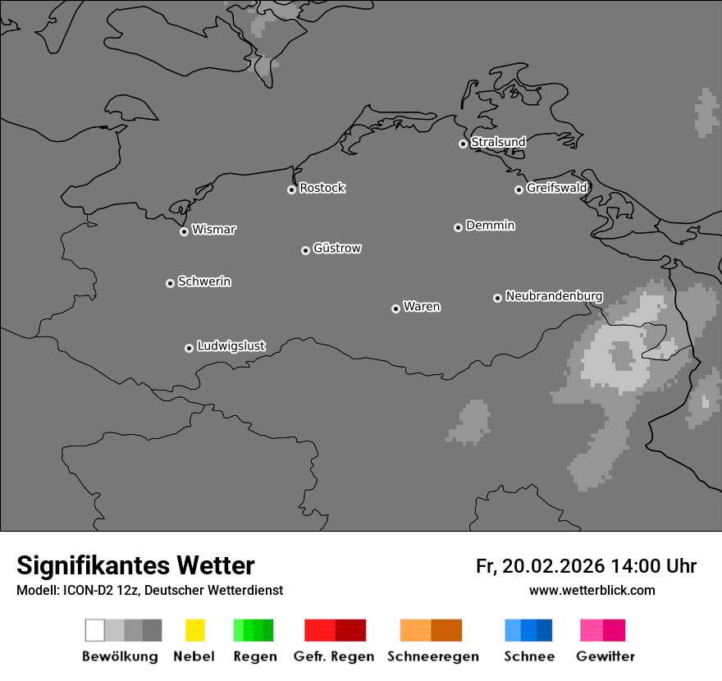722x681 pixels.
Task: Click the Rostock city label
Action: [x=322, y=188]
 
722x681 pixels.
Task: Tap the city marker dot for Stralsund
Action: [x=463, y=144]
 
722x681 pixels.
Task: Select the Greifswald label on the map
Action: [x=557, y=188]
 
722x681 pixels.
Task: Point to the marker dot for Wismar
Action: [x=184, y=231]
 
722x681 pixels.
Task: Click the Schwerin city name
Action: [x=204, y=281]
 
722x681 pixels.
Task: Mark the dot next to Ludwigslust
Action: [x=189, y=348]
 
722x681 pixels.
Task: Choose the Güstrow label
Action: [x=337, y=248]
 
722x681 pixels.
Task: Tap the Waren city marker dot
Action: [x=395, y=309]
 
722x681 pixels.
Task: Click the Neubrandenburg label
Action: [x=555, y=295]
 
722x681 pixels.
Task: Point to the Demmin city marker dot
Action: [x=458, y=227]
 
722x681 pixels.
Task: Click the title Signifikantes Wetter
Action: [x=135, y=565]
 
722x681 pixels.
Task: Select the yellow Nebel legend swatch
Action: [x=194, y=630]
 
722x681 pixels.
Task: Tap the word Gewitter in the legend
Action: [x=605, y=656]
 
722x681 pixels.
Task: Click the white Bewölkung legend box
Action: [x=94, y=630]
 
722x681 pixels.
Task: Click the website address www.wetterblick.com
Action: [x=592, y=590]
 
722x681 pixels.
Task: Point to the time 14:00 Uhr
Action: [x=653, y=566]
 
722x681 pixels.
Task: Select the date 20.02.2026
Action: [x=553, y=566]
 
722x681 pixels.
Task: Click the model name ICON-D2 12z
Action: [x=102, y=590]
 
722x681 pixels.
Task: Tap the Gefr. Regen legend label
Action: [x=334, y=656]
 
